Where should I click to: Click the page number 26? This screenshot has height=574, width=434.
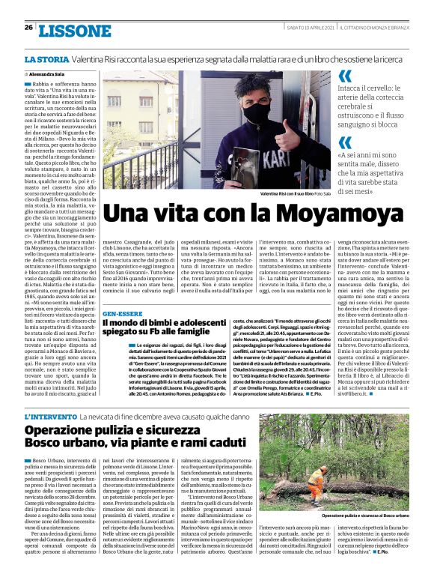coord(28,28)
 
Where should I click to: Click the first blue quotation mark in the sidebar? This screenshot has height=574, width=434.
coord(344,76)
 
